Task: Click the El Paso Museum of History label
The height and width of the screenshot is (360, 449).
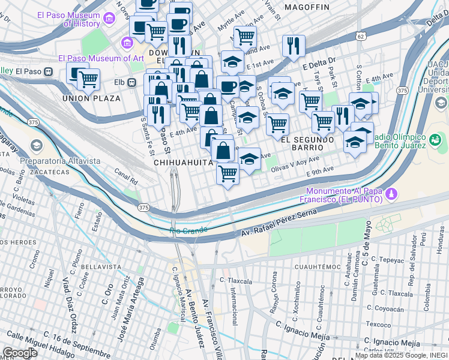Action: point(67,19)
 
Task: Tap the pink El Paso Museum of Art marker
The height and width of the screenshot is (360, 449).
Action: point(127,43)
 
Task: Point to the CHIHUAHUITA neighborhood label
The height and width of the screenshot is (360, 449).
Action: point(183,163)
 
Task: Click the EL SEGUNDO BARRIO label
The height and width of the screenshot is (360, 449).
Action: point(307,143)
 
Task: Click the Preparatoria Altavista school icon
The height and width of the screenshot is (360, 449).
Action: point(37,146)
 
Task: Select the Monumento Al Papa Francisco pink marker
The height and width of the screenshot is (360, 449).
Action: point(391,194)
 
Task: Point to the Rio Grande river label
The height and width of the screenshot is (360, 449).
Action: point(188,230)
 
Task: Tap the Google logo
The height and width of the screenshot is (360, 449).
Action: point(20,352)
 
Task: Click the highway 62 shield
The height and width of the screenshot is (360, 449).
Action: point(360,36)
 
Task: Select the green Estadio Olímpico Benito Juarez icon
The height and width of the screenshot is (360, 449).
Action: point(435,140)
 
